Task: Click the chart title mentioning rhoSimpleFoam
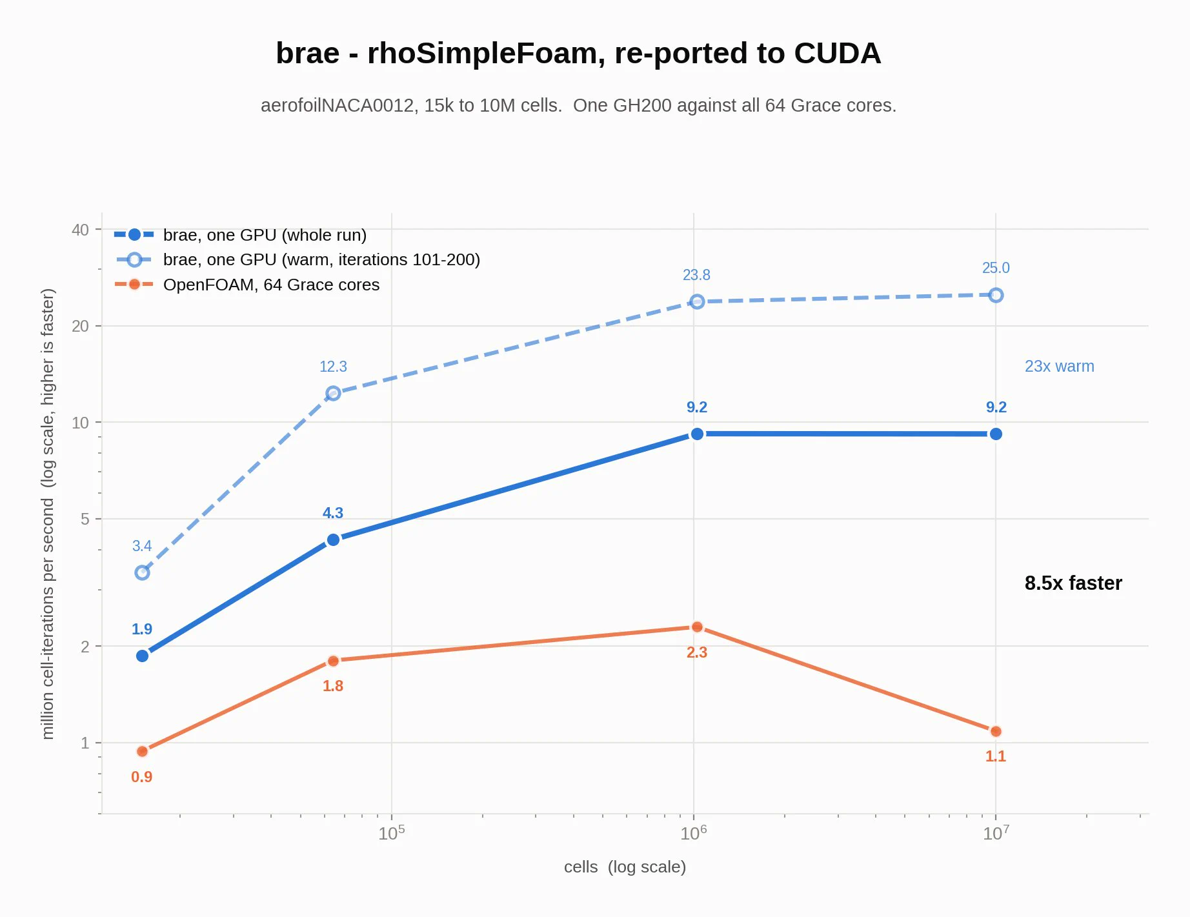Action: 578,53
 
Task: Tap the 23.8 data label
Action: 696,275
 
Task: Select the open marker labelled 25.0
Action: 996,295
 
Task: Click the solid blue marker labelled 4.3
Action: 333,539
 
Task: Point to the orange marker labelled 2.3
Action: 697,627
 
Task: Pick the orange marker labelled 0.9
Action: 143,751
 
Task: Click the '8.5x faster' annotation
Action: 1073,583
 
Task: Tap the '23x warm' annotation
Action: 1059,366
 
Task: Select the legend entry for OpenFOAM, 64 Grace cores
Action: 247,285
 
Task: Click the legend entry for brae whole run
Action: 240,235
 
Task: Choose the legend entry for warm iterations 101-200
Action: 297,259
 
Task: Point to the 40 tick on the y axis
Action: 80,230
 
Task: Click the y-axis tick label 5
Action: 85,519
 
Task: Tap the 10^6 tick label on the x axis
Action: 694,833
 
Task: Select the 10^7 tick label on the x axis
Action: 996,833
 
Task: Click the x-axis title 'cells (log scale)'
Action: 625,867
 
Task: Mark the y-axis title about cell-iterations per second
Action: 48,514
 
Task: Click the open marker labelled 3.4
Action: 143,572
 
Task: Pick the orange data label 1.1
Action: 995,756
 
